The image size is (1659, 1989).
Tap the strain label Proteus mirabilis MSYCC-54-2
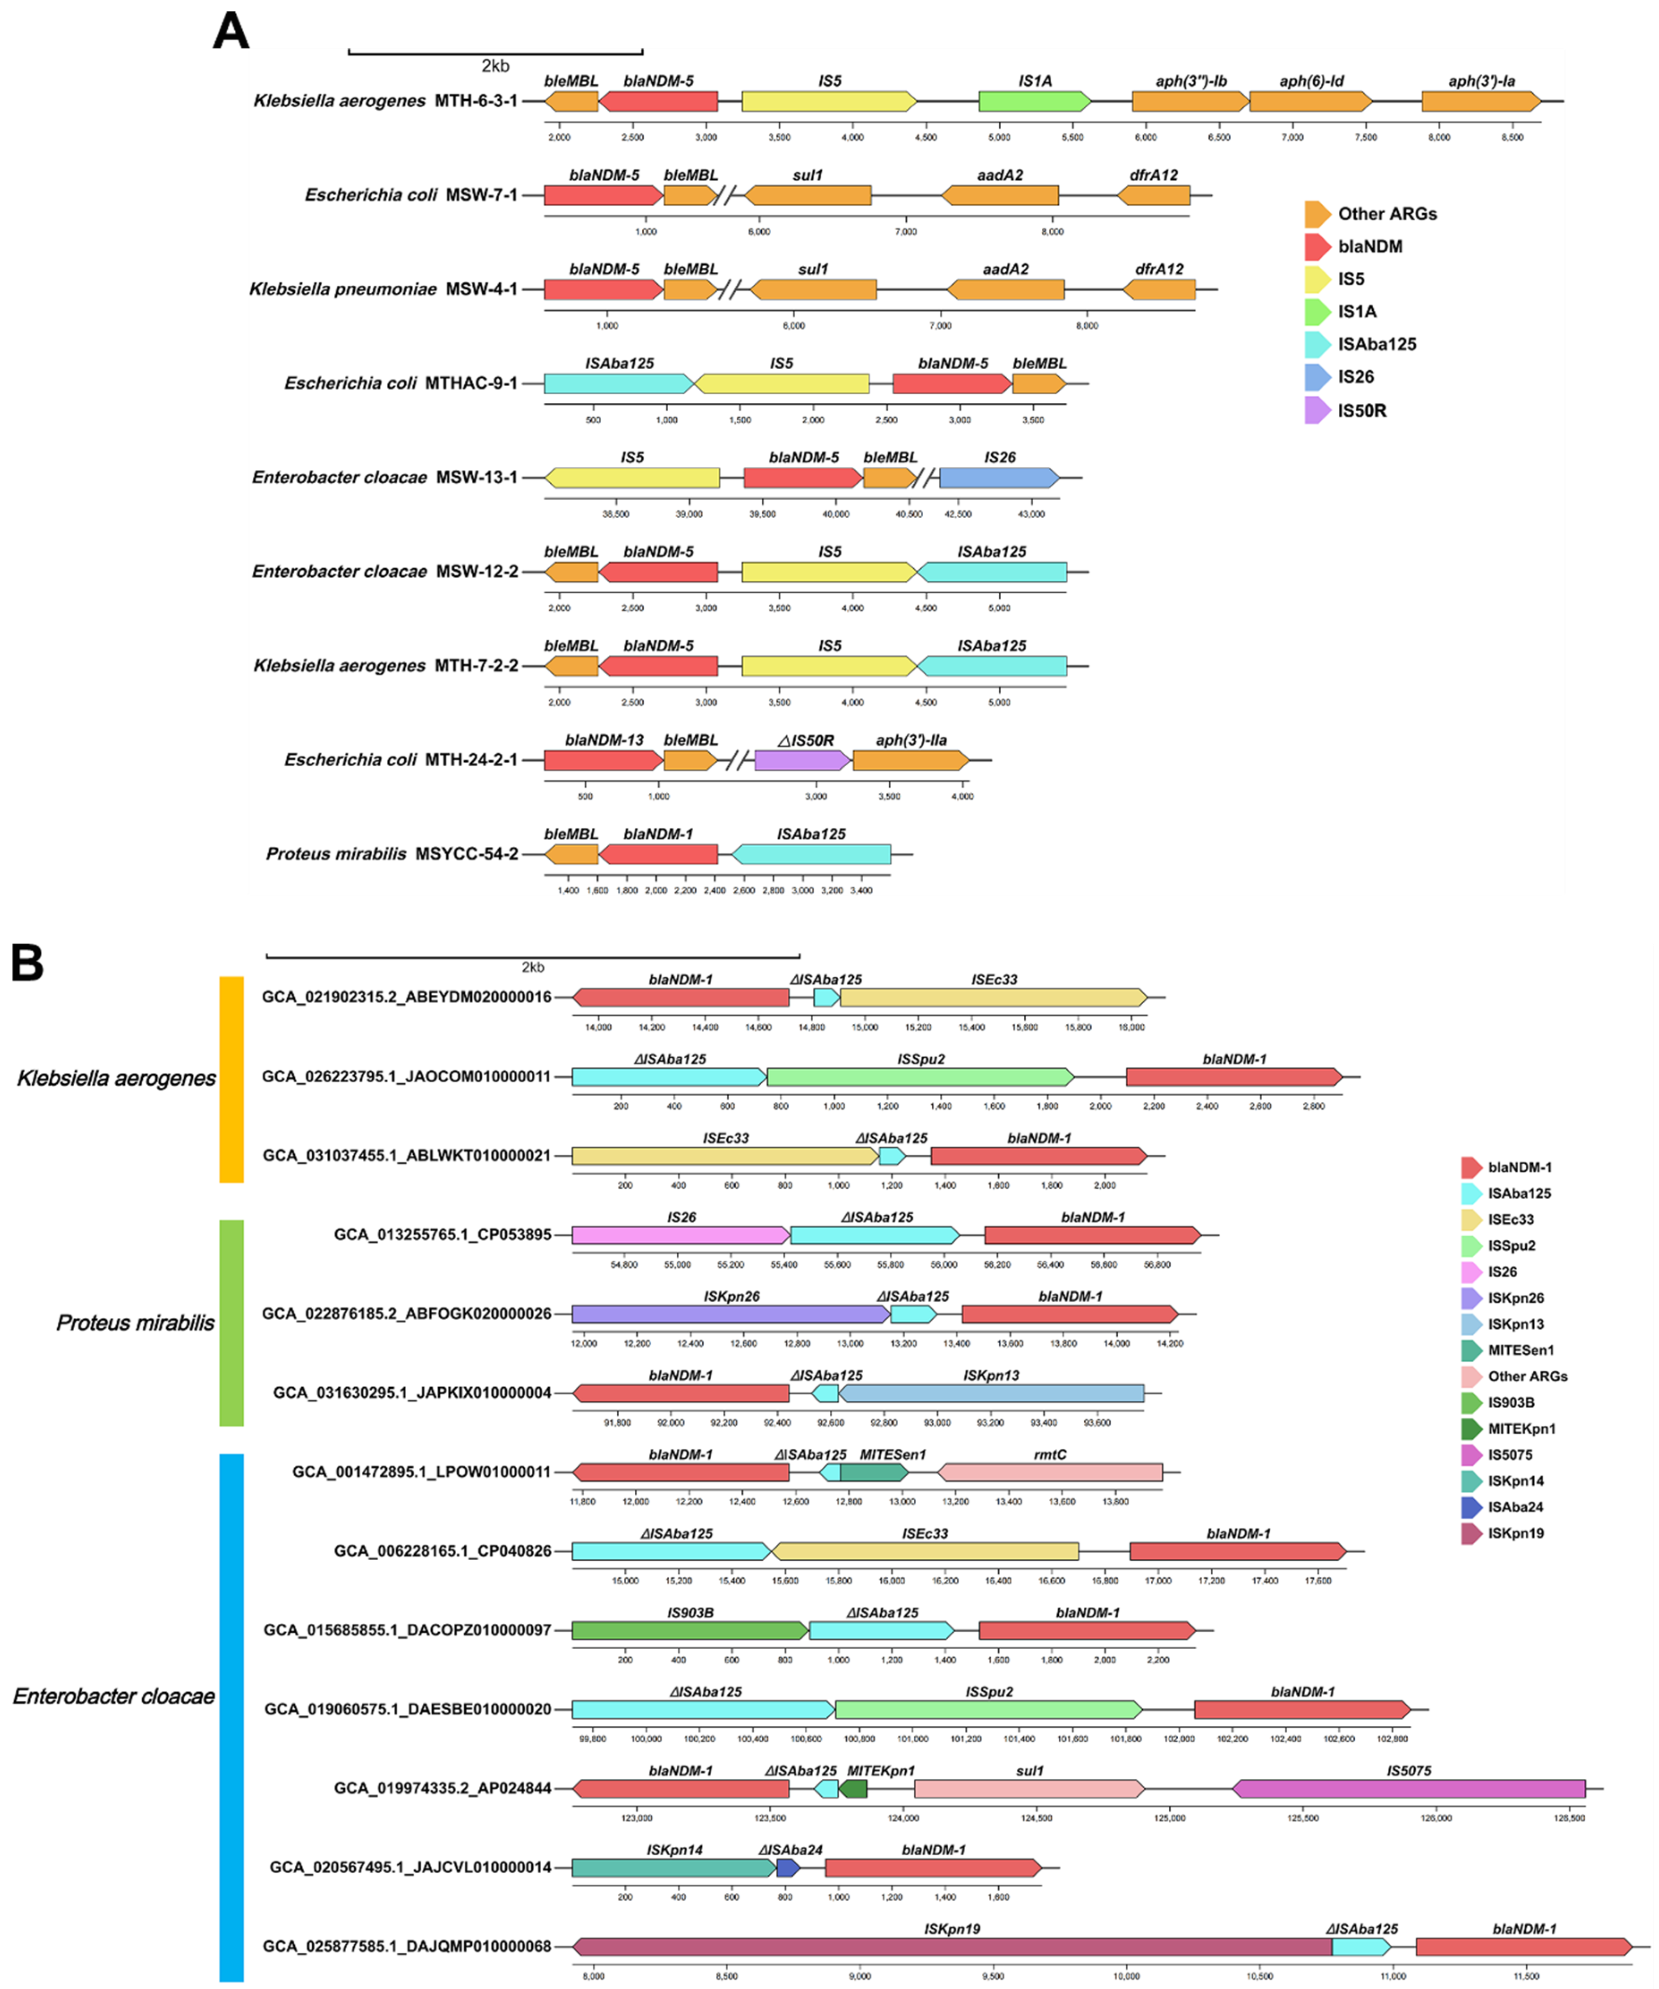tap(391, 854)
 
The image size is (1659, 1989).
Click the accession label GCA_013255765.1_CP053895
tap(441, 1235)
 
